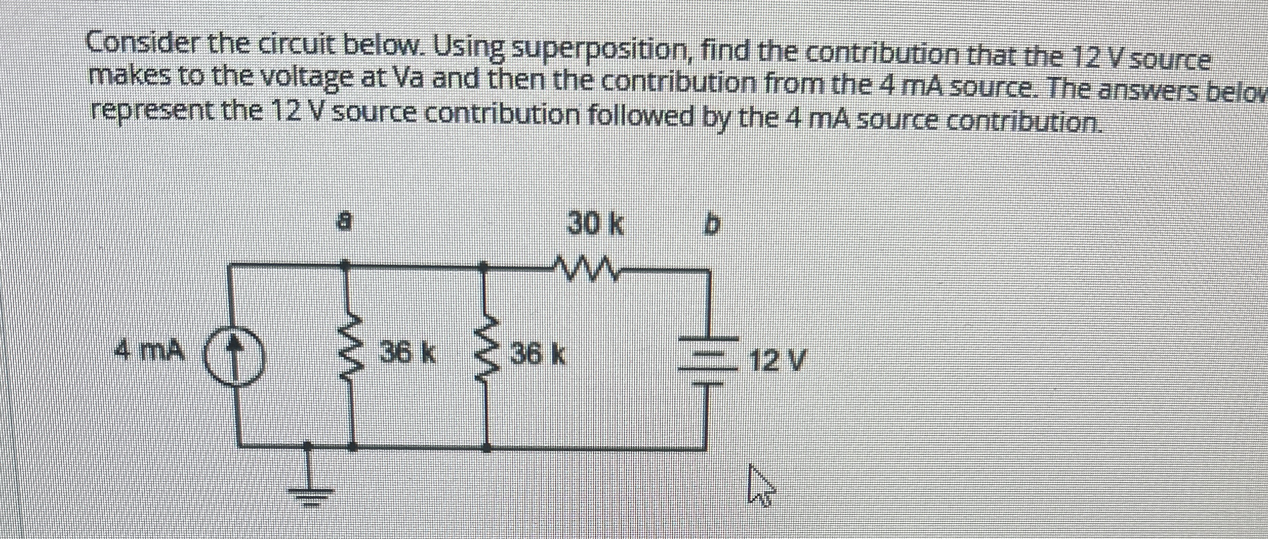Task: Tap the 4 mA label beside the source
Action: tap(149, 351)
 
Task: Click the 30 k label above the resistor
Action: tap(596, 224)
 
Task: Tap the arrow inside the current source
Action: tap(235, 353)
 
